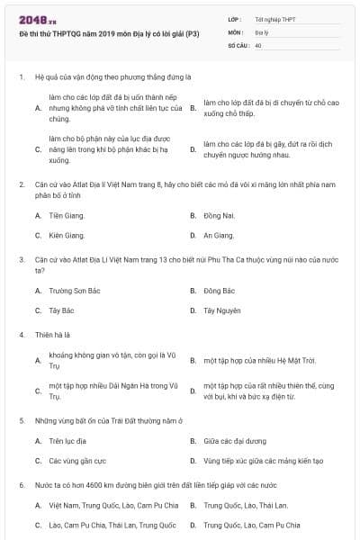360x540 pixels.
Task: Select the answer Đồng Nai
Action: tap(219, 216)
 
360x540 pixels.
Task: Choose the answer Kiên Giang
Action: tap(67, 235)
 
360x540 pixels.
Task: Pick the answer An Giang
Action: tap(219, 235)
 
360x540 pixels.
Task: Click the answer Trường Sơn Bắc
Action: tap(73, 291)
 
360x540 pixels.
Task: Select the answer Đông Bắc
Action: tap(219, 291)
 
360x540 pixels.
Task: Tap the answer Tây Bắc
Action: tap(62, 310)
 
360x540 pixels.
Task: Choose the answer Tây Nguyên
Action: tap(221, 310)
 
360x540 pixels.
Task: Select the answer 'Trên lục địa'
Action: tap(67, 441)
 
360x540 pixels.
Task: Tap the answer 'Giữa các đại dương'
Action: tap(235, 441)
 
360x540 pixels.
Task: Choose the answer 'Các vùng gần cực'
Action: tap(74, 460)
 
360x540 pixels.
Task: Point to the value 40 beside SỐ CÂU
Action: tap(258, 44)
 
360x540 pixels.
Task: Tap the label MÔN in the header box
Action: tap(236, 31)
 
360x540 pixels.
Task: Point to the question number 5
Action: tap(21, 420)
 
